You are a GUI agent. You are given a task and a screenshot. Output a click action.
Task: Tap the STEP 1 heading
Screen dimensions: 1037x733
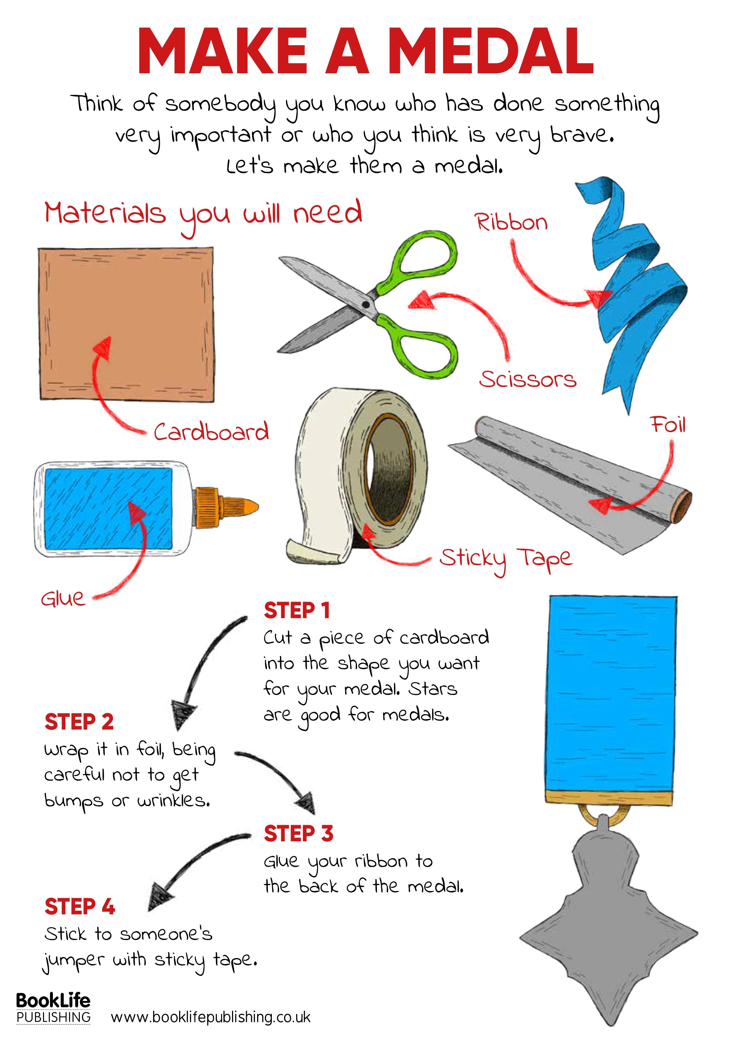click(297, 611)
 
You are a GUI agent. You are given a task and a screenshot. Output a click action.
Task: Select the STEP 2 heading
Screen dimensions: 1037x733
click(79, 722)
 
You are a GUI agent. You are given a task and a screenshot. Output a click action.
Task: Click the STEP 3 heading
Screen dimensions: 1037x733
click(298, 834)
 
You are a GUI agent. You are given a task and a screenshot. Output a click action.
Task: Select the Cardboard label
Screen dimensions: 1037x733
click(211, 432)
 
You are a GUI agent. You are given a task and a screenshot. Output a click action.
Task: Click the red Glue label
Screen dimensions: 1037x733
click(63, 599)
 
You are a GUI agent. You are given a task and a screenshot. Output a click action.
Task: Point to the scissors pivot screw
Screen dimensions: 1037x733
click(365, 305)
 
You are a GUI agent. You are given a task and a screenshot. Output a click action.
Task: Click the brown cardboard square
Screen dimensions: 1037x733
click(126, 323)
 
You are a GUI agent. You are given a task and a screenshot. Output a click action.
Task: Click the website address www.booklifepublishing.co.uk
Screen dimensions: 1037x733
click(210, 1017)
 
